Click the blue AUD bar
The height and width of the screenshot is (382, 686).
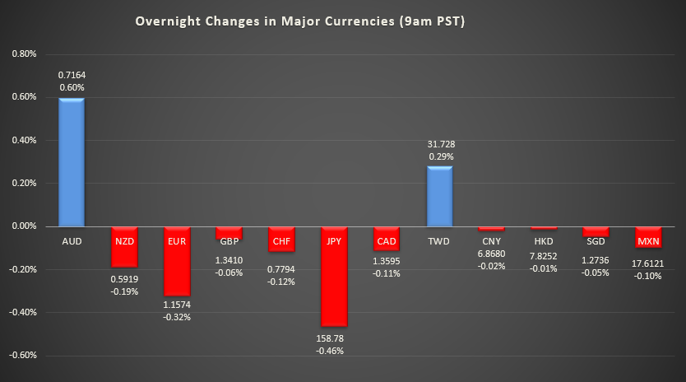tap(72, 162)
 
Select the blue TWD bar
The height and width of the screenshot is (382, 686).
tap(439, 196)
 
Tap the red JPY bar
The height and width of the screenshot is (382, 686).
tap(334, 276)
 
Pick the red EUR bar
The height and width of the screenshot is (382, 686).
tap(176, 260)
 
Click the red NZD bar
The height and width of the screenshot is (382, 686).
tap(124, 246)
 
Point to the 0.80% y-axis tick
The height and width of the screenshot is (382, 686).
tap(24, 54)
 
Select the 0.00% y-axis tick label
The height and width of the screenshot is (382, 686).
tap(24, 226)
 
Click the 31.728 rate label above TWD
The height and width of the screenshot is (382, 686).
tap(439, 142)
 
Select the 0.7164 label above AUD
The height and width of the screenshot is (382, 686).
tap(72, 74)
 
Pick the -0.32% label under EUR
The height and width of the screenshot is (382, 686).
tap(176, 317)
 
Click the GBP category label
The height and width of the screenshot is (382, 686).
tap(229, 240)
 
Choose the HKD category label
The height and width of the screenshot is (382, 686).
tap(544, 240)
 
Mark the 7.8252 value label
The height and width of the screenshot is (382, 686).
tap(544, 255)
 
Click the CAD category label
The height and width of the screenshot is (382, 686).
tap(387, 240)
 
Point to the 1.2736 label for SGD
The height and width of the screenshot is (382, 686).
tap(596, 259)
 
